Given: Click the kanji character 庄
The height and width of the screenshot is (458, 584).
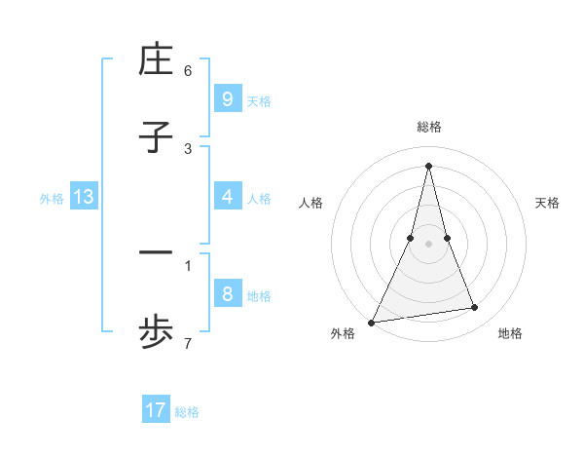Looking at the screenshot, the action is tap(156, 59).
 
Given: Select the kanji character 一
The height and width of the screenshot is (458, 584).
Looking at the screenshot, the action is tap(156, 253).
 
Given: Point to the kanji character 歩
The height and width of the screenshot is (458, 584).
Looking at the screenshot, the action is tap(156, 331).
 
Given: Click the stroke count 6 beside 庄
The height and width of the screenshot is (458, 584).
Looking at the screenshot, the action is tap(188, 71).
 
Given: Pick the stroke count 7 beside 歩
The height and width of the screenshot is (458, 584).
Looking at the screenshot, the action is tap(188, 342).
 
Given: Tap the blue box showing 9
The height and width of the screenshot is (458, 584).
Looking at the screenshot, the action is tap(227, 98).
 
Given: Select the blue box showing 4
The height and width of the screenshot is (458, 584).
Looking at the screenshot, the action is tap(227, 196).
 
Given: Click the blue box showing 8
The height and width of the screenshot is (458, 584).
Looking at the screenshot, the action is tap(227, 293).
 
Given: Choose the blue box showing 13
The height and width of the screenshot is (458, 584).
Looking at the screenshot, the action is tap(84, 197).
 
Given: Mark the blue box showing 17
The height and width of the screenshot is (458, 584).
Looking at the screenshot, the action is tap(156, 410).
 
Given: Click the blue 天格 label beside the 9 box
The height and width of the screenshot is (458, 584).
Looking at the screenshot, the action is tap(259, 100).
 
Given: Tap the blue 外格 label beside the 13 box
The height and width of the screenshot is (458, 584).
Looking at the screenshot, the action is tap(52, 198).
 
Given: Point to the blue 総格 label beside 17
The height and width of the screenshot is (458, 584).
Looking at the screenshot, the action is tap(187, 412).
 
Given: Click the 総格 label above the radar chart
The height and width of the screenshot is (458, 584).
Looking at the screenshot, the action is tap(429, 127).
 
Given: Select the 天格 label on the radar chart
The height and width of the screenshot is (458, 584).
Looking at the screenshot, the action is tap(547, 203).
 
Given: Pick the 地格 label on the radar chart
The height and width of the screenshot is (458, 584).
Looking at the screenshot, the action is tap(510, 334).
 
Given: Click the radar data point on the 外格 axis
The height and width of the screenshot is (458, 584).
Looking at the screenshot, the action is tap(372, 322).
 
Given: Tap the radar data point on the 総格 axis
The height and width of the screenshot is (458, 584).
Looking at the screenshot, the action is tap(429, 165).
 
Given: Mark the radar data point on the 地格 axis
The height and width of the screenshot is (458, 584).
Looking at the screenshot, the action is tap(474, 308).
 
